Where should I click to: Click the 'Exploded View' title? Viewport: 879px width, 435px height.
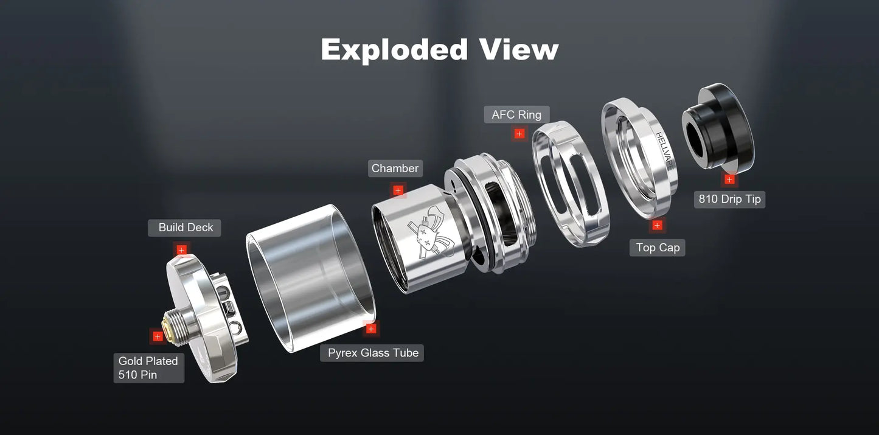coord(439,49)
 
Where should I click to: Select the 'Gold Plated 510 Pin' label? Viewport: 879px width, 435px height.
coord(148,368)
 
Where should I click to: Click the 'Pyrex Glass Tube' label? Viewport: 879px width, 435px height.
coord(372,353)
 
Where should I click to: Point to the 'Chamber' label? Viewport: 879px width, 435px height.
coord(395,169)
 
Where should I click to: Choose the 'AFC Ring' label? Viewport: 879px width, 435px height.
coord(516,114)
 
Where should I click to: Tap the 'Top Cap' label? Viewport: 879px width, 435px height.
coord(658,248)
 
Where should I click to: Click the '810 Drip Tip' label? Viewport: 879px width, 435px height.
coord(729,200)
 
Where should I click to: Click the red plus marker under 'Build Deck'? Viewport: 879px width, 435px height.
coord(181,249)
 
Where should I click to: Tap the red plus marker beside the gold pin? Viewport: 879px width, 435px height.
coord(158,336)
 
